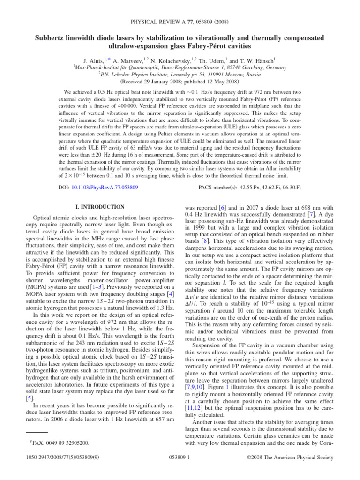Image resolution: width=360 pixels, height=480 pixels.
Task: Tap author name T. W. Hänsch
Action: pyautogui.click(x=251, y=60)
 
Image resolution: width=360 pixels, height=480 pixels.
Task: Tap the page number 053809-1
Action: pyautogui.click(x=180, y=467)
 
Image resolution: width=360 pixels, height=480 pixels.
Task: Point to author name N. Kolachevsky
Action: pyautogui.click(x=180, y=60)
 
